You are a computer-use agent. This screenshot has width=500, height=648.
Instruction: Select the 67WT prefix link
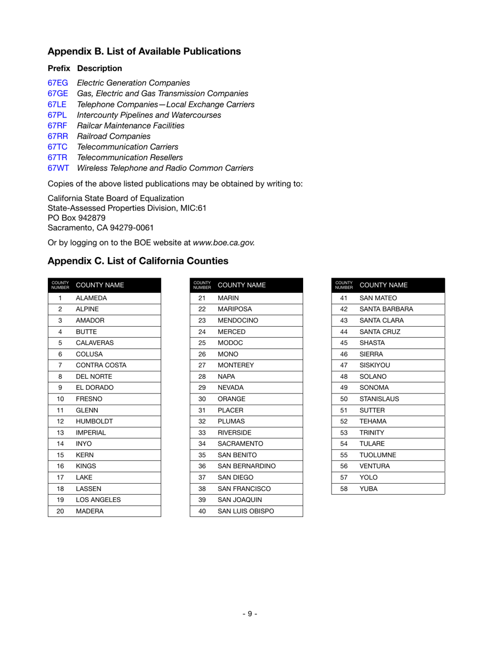58,168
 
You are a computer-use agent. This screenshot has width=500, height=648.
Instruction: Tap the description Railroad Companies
109,136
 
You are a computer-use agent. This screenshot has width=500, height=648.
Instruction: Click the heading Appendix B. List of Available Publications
144,51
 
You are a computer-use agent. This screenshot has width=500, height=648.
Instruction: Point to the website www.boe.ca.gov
224,242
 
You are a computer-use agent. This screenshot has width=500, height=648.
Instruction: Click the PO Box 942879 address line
76,218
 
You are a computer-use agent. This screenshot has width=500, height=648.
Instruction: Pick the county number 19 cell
60,500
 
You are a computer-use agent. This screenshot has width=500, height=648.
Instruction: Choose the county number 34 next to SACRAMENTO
202,444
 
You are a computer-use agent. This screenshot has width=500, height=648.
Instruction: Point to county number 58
344,489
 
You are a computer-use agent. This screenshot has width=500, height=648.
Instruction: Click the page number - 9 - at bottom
250,613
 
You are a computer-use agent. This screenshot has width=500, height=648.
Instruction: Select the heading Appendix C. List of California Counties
138,261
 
